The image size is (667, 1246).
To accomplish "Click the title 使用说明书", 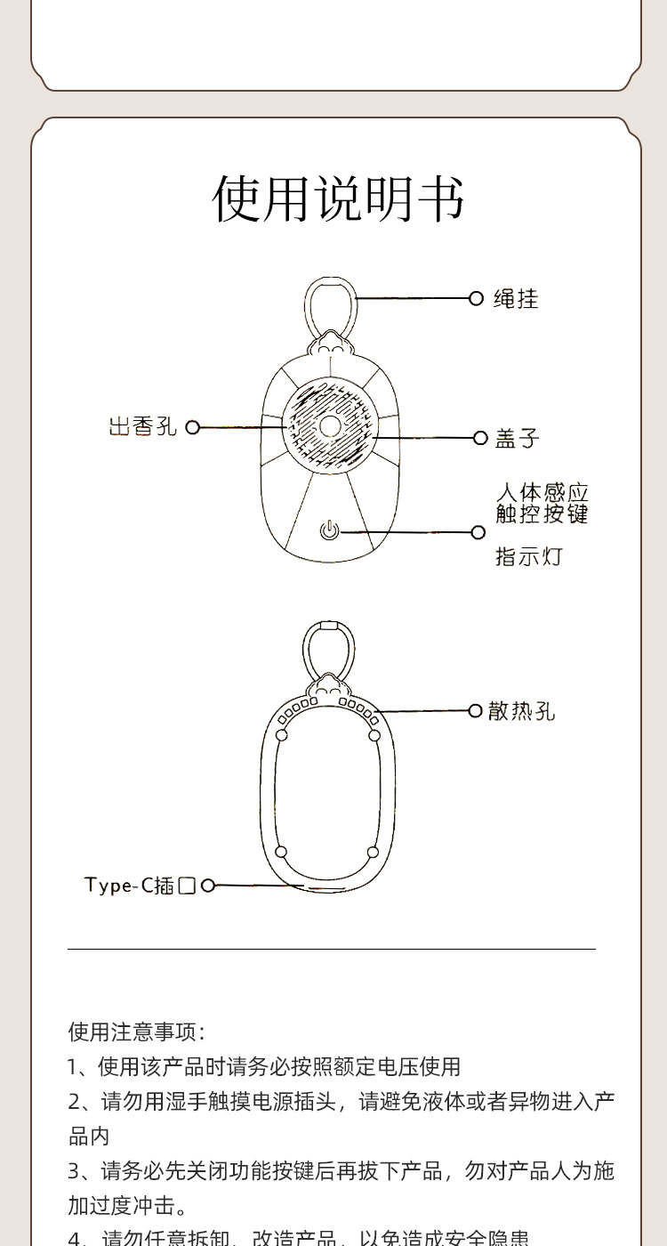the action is click(x=338, y=198).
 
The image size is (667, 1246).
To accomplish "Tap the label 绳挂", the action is click(x=516, y=298).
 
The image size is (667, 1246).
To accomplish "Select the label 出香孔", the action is click(x=143, y=427).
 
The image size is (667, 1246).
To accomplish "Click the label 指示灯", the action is click(x=528, y=557).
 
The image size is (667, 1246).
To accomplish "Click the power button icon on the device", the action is click(x=329, y=531).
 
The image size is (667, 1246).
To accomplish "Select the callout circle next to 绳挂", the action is click(x=476, y=298).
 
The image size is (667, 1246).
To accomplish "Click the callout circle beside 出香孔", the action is click(x=192, y=427).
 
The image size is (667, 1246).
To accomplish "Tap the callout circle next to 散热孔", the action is click(x=476, y=710).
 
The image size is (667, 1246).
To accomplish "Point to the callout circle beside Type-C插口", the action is click(x=208, y=886).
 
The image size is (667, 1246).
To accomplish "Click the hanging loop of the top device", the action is click(x=329, y=303).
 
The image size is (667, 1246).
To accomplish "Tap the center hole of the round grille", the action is click(x=330, y=426).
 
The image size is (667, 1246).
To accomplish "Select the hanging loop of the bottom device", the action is click(x=328, y=648).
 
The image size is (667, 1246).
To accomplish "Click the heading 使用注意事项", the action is click(x=136, y=1032).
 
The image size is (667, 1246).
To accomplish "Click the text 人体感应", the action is click(x=542, y=492).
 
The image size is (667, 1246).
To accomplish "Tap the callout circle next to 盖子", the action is click(x=479, y=438).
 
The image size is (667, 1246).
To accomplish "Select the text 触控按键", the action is click(x=542, y=514).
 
